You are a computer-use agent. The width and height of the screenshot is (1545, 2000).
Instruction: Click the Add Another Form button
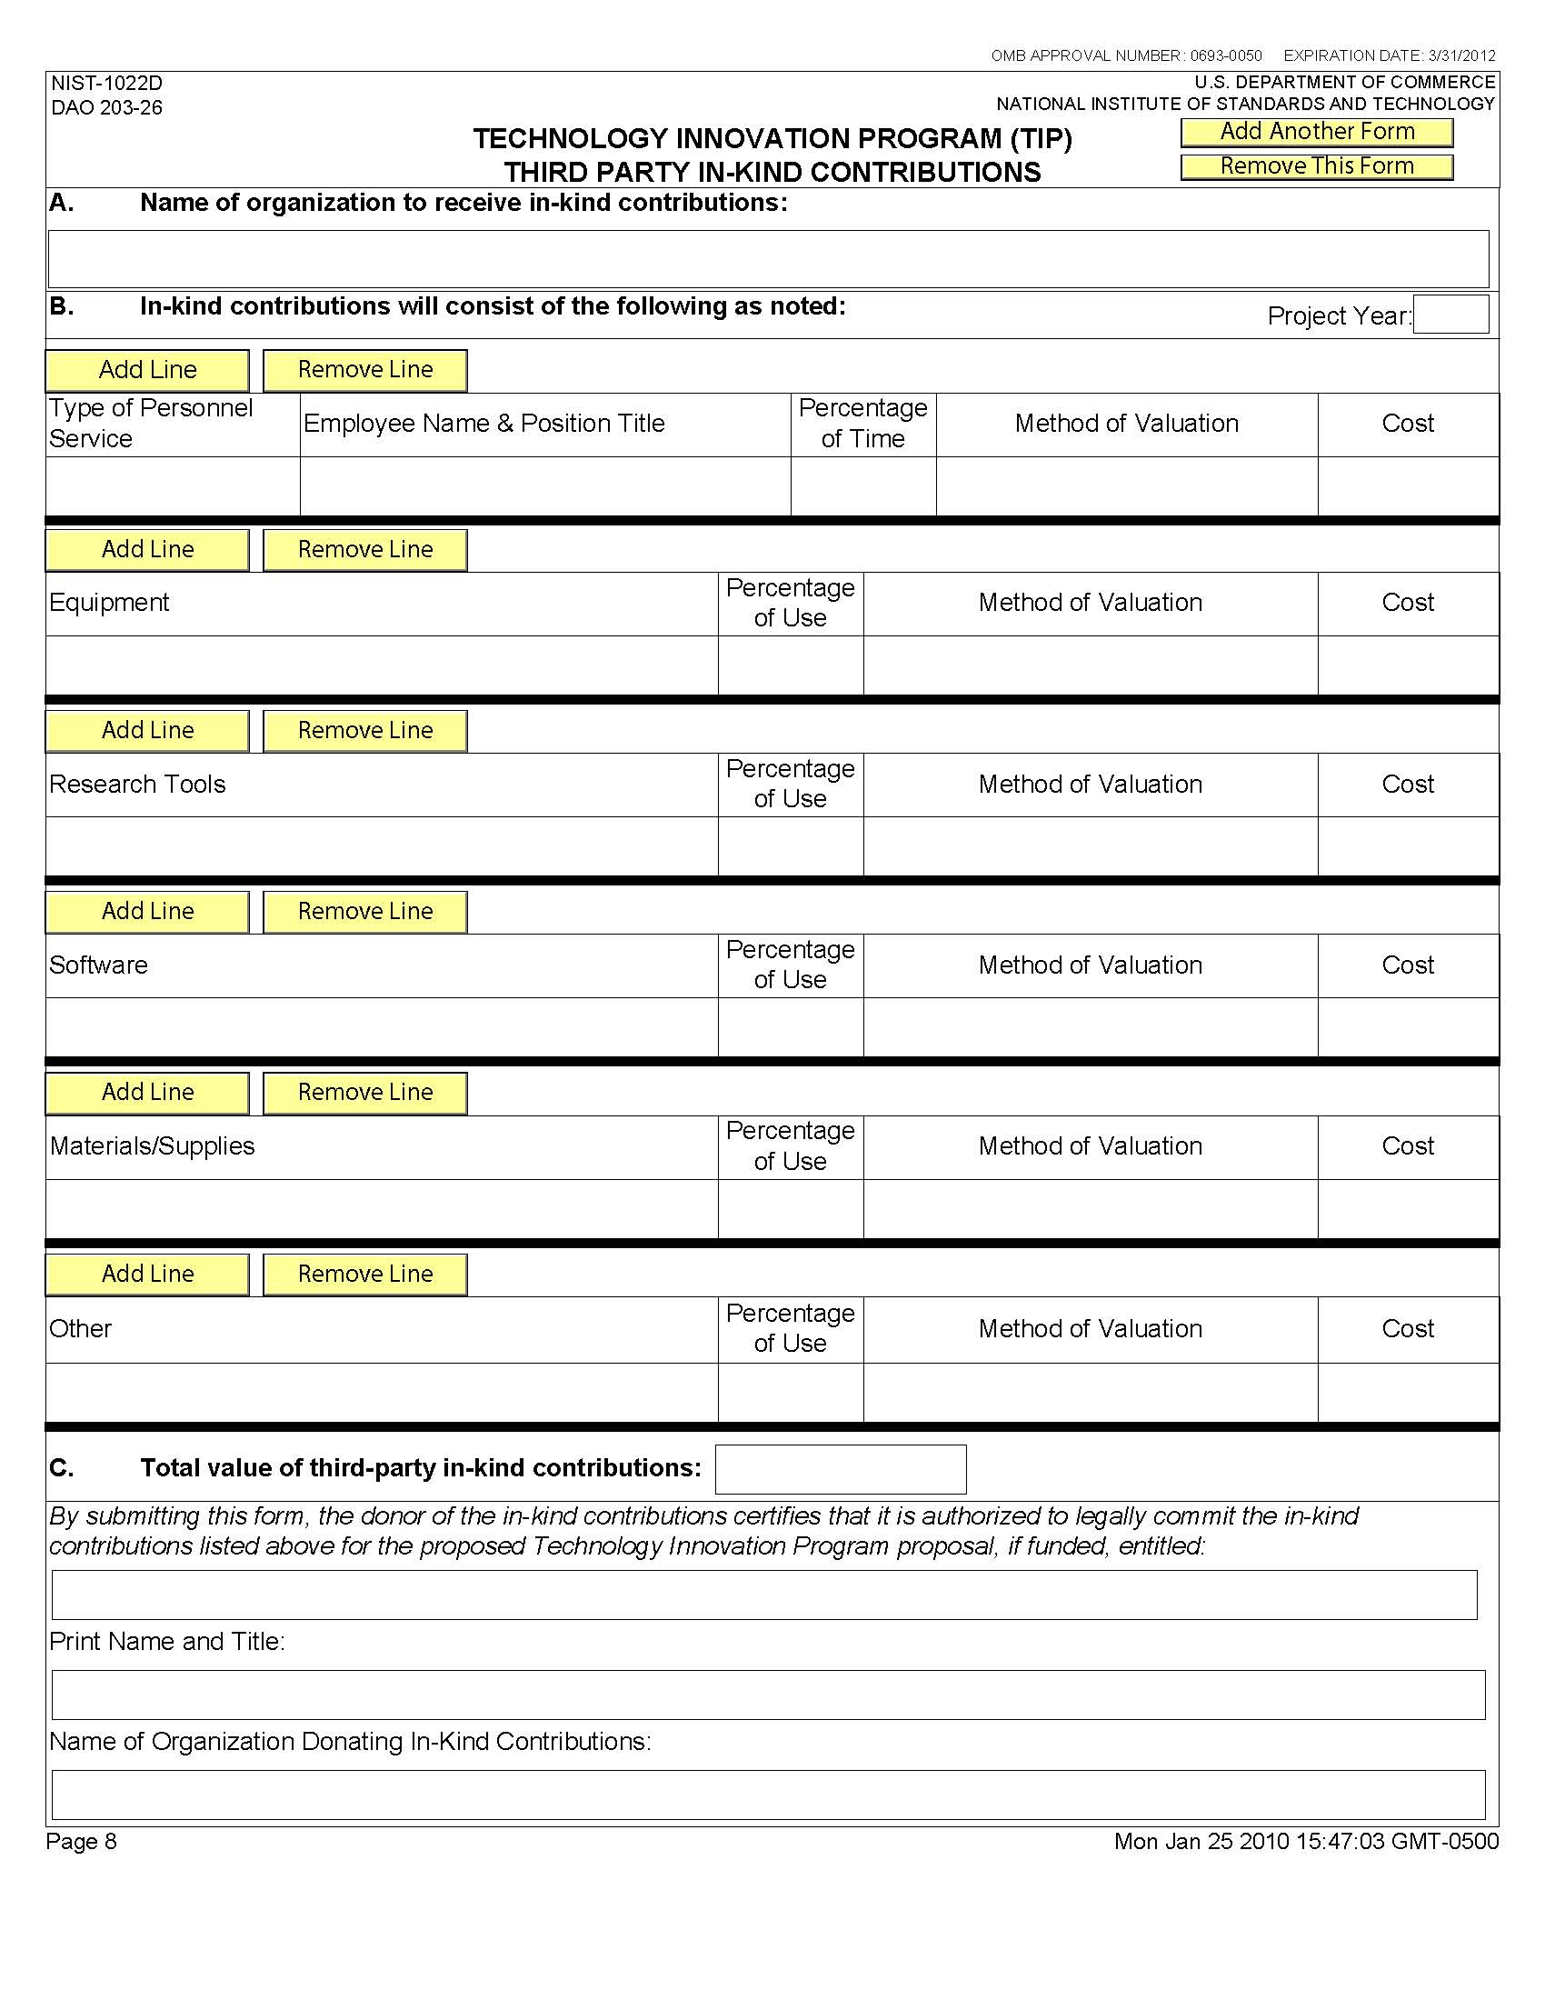click(1316, 132)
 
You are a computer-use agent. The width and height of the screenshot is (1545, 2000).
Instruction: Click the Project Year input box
click(1450, 315)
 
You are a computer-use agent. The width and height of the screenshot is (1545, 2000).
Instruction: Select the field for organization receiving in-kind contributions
click(768, 258)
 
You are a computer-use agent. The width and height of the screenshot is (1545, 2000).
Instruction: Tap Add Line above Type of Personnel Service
click(147, 370)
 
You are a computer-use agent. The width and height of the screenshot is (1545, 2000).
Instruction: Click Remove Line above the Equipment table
click(365, 550)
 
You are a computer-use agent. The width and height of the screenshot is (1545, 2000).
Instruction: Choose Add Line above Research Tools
click(147, 731)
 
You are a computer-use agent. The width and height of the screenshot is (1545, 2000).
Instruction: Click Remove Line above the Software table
click(365, 912)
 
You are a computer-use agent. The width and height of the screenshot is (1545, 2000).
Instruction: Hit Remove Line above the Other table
click(365, 1274)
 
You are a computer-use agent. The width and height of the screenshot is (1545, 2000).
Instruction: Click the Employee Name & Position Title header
click(483, 424)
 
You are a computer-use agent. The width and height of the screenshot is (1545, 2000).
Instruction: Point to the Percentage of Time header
click(862, 424)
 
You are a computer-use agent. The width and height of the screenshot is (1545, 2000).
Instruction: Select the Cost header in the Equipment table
click(1407, 603)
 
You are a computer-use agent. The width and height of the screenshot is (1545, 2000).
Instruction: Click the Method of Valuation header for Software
click(1089, 965)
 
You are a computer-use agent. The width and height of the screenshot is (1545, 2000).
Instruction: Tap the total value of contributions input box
click(840, 1469)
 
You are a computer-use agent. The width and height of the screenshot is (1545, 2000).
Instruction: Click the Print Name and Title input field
click(768, 1695)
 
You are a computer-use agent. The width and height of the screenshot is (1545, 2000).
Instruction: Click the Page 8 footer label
click(83, 1842)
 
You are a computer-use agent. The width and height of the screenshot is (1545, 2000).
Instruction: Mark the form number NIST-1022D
click(107, 85)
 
